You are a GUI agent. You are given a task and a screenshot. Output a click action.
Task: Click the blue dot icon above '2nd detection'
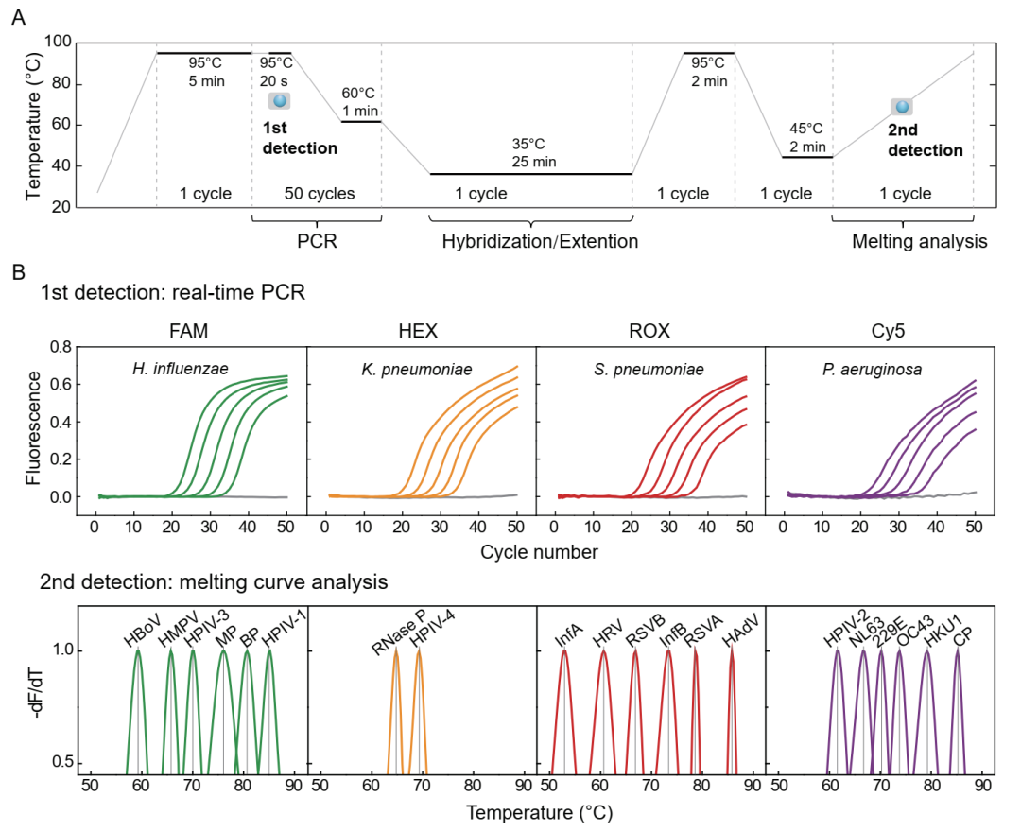point(902,108)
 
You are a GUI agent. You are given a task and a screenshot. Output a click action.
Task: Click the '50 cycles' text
point(320,194)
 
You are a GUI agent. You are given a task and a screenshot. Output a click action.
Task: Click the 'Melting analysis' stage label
point(920,242)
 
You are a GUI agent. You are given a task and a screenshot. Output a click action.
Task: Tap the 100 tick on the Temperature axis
point(60,43)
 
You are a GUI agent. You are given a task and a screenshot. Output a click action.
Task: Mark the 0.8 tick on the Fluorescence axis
point(59,348)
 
